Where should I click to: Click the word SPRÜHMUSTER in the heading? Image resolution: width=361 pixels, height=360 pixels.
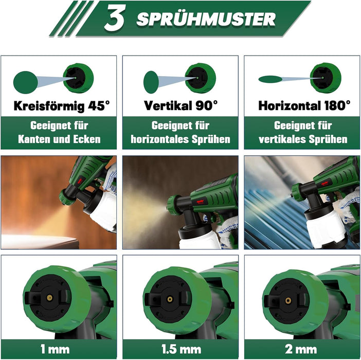coord(206,19)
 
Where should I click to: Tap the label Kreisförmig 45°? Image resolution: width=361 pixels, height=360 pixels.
coord(62,106)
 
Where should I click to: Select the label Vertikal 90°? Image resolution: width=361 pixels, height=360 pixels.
coord(180,105)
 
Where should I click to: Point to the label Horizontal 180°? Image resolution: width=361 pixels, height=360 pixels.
coord(304,105)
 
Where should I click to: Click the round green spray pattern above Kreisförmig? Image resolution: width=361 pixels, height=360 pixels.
coord(26,82)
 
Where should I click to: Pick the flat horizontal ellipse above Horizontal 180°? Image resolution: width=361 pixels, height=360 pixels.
coord(270,79)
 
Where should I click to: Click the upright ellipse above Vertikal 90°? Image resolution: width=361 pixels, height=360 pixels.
coord(151,82)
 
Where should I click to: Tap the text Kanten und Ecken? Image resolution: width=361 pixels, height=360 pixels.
coord(59,139)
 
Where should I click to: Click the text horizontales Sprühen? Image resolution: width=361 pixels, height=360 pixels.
coord(180,139)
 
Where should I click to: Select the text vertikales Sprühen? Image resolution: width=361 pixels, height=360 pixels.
coord(303,139)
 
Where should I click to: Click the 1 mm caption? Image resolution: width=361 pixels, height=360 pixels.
coord(55,349)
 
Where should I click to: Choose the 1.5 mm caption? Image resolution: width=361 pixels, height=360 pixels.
coord(181,349)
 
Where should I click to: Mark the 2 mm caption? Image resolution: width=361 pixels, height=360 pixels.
coord(301,349)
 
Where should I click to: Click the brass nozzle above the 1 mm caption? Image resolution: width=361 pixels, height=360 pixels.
coord(49,298)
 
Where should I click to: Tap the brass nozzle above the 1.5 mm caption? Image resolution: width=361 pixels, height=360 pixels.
coord(170,299)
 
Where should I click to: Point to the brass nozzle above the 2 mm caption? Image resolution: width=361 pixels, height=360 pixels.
coord(288,300)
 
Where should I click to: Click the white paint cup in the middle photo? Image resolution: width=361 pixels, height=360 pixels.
coord(197,238)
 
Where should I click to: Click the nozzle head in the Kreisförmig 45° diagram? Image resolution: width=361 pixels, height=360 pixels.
coord(78,78)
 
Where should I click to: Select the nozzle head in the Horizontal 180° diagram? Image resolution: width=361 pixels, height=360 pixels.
coord(326,78)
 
